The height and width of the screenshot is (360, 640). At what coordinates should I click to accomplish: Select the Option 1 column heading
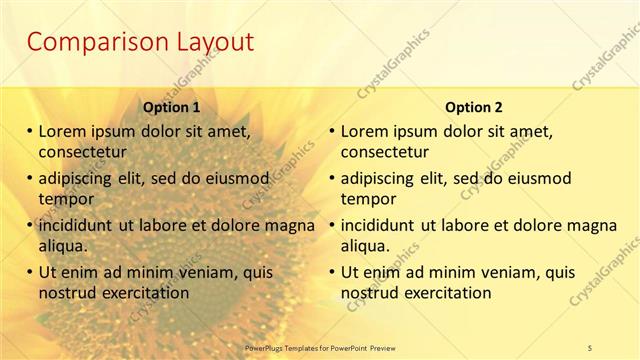coord(171,107)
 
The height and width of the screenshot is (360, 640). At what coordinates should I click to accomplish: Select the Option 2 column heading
coord(474,107)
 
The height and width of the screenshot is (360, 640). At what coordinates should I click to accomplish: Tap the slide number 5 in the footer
coord(591,347)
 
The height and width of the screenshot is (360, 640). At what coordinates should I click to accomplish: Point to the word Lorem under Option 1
coord(62,131)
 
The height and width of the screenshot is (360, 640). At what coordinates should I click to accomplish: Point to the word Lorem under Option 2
coord(365,131)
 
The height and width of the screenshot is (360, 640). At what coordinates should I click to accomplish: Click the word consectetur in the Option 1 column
coord(82,152)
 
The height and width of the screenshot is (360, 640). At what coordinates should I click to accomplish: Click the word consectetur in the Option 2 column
coord(385,152)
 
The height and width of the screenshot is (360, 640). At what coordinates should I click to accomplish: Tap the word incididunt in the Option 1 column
coord(76,225)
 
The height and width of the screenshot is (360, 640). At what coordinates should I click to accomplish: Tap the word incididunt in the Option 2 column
coord(379,225)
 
